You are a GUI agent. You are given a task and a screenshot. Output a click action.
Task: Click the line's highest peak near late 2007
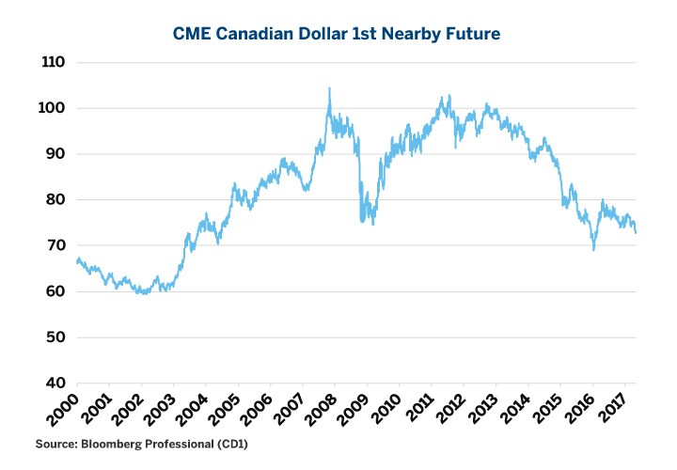pos(329,88)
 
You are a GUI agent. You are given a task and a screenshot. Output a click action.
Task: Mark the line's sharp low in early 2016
pos(593,249)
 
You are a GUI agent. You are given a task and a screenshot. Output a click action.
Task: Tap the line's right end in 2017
pos(636,232)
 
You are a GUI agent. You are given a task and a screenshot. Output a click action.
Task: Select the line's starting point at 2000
pos(76,259)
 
